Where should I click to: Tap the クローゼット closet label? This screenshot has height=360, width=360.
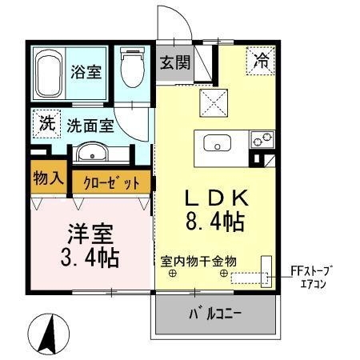point(112,182)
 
